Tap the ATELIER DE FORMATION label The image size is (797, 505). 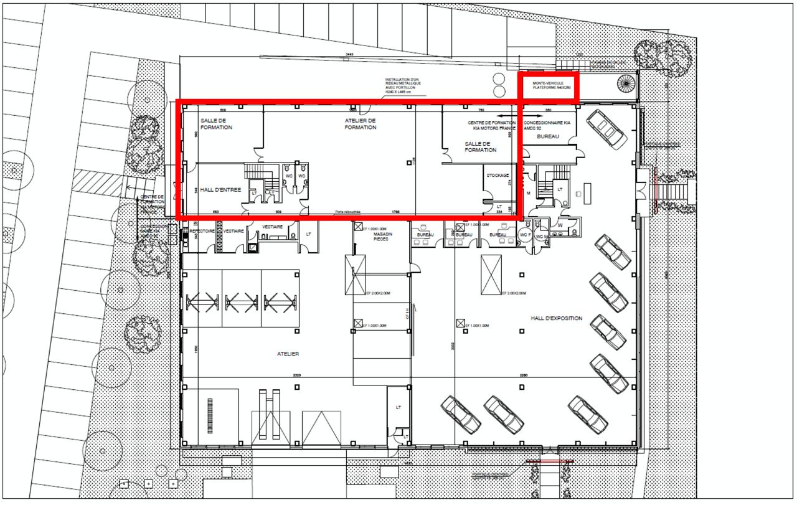[x=361, y=123]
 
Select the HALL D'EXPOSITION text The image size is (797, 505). [x=556, y=318]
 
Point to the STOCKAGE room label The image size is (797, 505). [x=498, y=175]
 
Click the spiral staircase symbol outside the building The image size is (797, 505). [x=626, y=83]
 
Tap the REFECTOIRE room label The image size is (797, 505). [x=201, y=230]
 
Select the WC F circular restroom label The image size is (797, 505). [x=524, y=235]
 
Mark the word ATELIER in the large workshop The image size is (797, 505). [x=288, y=354]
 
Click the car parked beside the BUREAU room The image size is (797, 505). [x=606, y=129]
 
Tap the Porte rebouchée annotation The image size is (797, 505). [x=347, y=212]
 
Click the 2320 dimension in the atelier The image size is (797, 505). [x=296, y=375]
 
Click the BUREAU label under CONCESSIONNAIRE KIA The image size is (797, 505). [x=548, y=136]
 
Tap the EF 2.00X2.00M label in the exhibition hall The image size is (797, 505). [x=514, y=293]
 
